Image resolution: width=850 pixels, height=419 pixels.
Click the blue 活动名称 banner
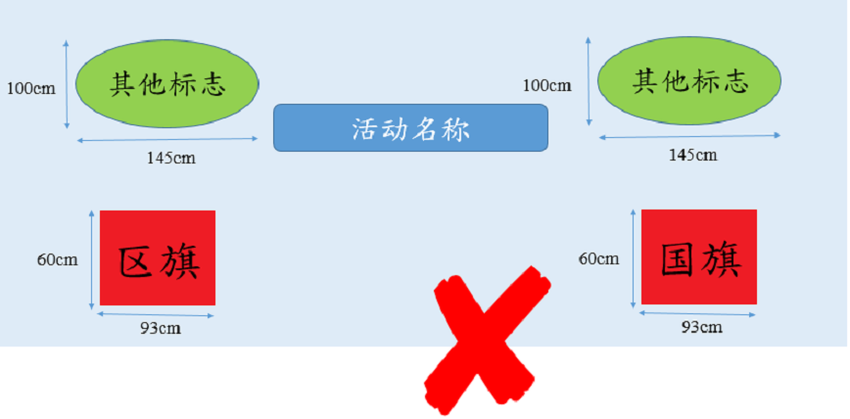410,128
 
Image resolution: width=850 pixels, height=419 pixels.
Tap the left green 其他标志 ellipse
166,83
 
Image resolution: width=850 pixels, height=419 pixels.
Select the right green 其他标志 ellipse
689,80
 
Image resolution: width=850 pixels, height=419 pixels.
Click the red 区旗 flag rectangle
158,258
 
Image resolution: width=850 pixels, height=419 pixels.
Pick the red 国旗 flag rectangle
699,256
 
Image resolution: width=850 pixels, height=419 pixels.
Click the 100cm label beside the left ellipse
31,88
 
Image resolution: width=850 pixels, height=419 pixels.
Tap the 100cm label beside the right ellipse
547,85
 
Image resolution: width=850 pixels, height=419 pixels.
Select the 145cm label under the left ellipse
171,159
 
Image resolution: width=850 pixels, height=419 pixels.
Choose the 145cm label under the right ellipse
692,155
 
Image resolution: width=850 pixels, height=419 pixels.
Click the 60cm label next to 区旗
58,259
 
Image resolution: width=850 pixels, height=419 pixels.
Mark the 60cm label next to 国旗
599,258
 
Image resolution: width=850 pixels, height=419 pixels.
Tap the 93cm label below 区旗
161,329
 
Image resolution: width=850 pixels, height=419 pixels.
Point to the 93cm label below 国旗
702,327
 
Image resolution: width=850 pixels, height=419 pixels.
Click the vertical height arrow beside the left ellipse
67,84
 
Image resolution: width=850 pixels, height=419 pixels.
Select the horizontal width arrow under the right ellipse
689,136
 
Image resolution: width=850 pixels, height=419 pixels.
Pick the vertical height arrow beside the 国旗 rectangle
634,258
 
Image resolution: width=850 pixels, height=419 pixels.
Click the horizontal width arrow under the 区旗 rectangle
156,314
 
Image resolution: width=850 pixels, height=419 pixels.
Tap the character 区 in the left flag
135,263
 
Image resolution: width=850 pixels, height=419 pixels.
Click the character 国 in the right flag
677,260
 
